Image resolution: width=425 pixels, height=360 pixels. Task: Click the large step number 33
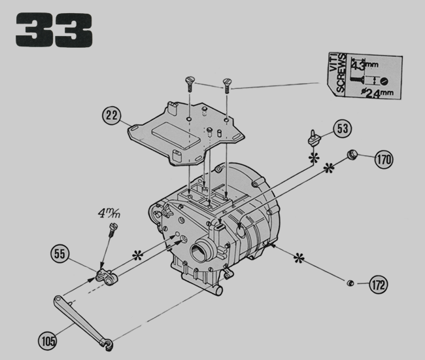coord(54,30)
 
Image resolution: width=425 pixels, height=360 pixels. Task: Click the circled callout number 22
coord(111,116)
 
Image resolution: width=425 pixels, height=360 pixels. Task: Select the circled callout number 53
coord(343,128)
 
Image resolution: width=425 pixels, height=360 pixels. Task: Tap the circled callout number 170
coord(384,159)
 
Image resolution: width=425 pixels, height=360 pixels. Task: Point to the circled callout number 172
coord(379,285)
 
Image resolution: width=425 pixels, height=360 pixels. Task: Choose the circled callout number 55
coord(60,254)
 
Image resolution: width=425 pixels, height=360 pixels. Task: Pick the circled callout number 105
coord(48,341)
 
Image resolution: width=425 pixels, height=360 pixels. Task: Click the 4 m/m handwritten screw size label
coord(109,213)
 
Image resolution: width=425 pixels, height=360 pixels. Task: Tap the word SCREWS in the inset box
coord(341,73)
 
